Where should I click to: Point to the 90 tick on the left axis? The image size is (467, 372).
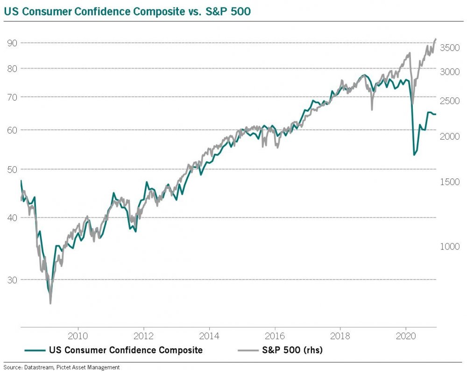(12, 43)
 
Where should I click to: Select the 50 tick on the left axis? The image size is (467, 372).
(12, 169)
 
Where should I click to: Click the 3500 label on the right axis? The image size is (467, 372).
(450, 48)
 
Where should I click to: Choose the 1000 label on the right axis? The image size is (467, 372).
(450, 246)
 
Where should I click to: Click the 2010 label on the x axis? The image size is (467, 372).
(78, 336)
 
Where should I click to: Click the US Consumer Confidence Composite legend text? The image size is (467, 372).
(126, 350)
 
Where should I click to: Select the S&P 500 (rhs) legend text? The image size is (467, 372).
(292, 350)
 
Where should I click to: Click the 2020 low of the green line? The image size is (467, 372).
(414, 155)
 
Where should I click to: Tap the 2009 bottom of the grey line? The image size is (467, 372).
(50, 303)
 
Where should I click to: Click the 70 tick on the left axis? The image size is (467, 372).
(12, 97)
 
